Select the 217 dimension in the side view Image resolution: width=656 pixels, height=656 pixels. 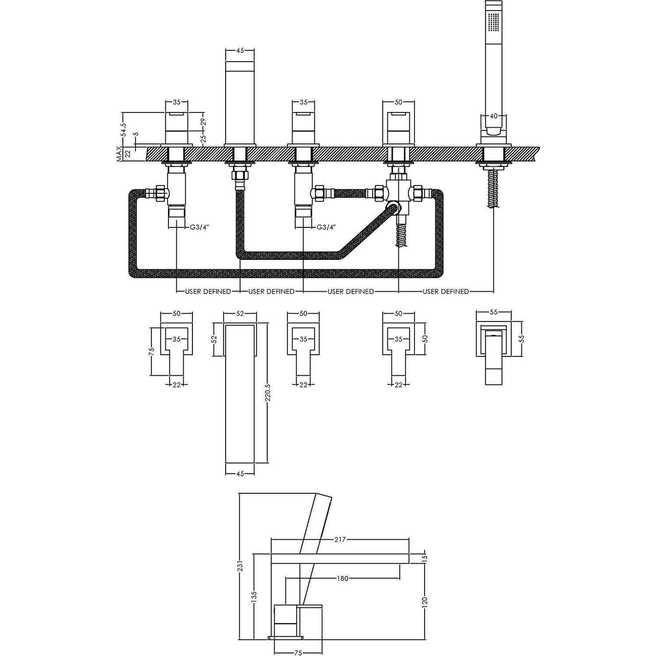pyautogui.click(x=340, y=539)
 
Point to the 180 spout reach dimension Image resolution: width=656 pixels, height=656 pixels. pyautogui.click(x=342, y=579)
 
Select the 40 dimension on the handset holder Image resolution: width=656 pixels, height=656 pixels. pyautogui.click(x=494, y=116)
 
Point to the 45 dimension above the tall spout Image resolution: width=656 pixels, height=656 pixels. pyautogui.click(x=240, y=50)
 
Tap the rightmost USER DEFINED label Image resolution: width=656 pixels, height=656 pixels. pyautogui.click(x=446, y=291)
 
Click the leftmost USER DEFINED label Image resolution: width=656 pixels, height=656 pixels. pyautogui.click(x=208, y=291)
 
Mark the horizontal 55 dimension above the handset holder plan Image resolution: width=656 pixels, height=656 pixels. pyautogui.click(x=493, y=312)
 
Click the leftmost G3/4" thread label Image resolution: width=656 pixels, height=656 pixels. pyautogui.click(x=198, y=227)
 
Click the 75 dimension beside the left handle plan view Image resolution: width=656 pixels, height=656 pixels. pyautogui.click(x=152, y=351)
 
